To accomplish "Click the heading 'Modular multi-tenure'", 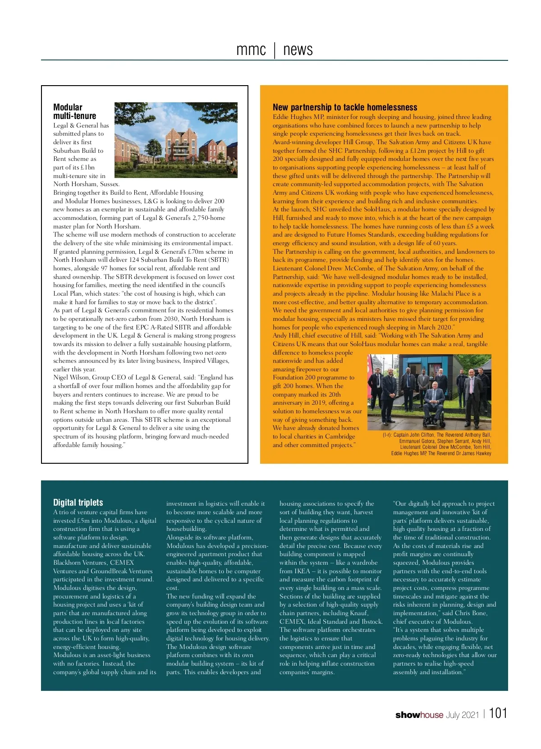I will tap(74, 111).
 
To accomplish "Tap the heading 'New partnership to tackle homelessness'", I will tap(345, 107).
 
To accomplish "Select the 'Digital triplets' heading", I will tap(78, 502).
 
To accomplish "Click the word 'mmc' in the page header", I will tap(251, 50).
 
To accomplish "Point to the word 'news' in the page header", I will tap(298, 50).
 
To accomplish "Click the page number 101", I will tap(498, 713).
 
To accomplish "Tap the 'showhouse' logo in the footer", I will tap(419, 715).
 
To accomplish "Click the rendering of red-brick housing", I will tap(176, 140).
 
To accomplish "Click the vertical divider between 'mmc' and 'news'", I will tap(275, 50).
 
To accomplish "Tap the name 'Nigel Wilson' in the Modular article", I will tap(71, 378).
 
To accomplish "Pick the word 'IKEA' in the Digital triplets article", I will tap(302, 571).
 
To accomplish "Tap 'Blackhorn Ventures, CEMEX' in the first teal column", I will tap(93, 562).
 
